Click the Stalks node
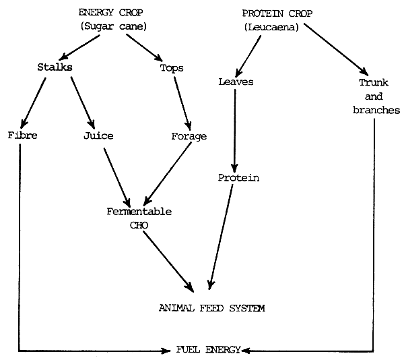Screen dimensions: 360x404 (55, 68)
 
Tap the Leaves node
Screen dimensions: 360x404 (234, 82)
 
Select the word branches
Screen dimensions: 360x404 (376, 110)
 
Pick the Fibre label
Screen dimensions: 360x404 (23, 136)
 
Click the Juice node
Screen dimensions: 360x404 (98, 136)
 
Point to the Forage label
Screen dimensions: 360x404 (189, 136)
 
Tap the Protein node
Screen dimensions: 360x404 (238, 178)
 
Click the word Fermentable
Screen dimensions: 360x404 (139, 211)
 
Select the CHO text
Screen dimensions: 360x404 (139, 224)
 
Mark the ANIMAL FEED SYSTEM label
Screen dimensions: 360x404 (212, 308)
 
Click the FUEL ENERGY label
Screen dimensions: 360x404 (207, 351)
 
